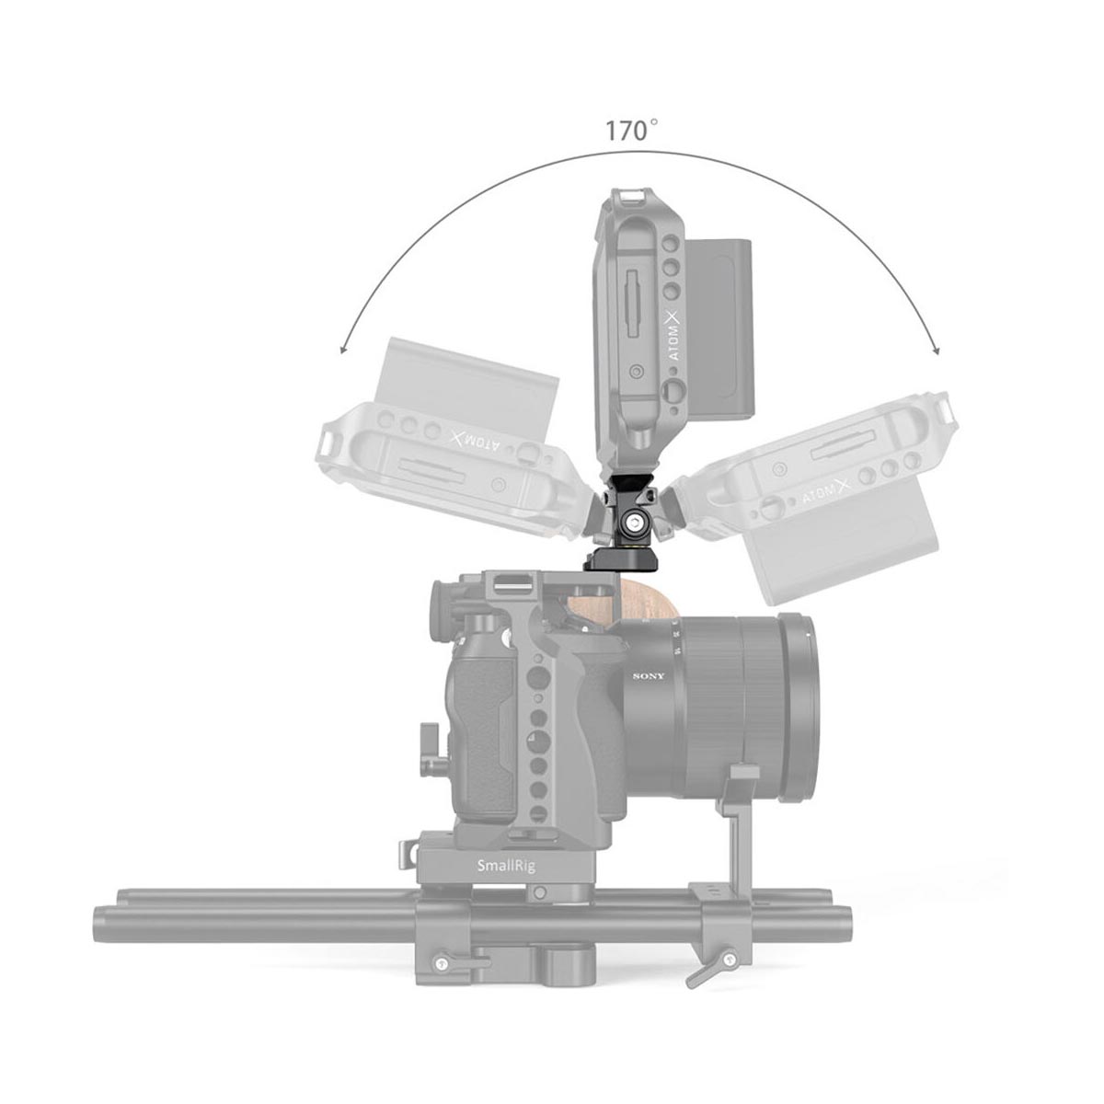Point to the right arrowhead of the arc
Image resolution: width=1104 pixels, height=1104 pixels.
[937, 351]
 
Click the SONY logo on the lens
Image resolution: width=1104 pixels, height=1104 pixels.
[648, 677]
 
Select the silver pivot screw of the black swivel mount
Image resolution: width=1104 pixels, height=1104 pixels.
[636, 524]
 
